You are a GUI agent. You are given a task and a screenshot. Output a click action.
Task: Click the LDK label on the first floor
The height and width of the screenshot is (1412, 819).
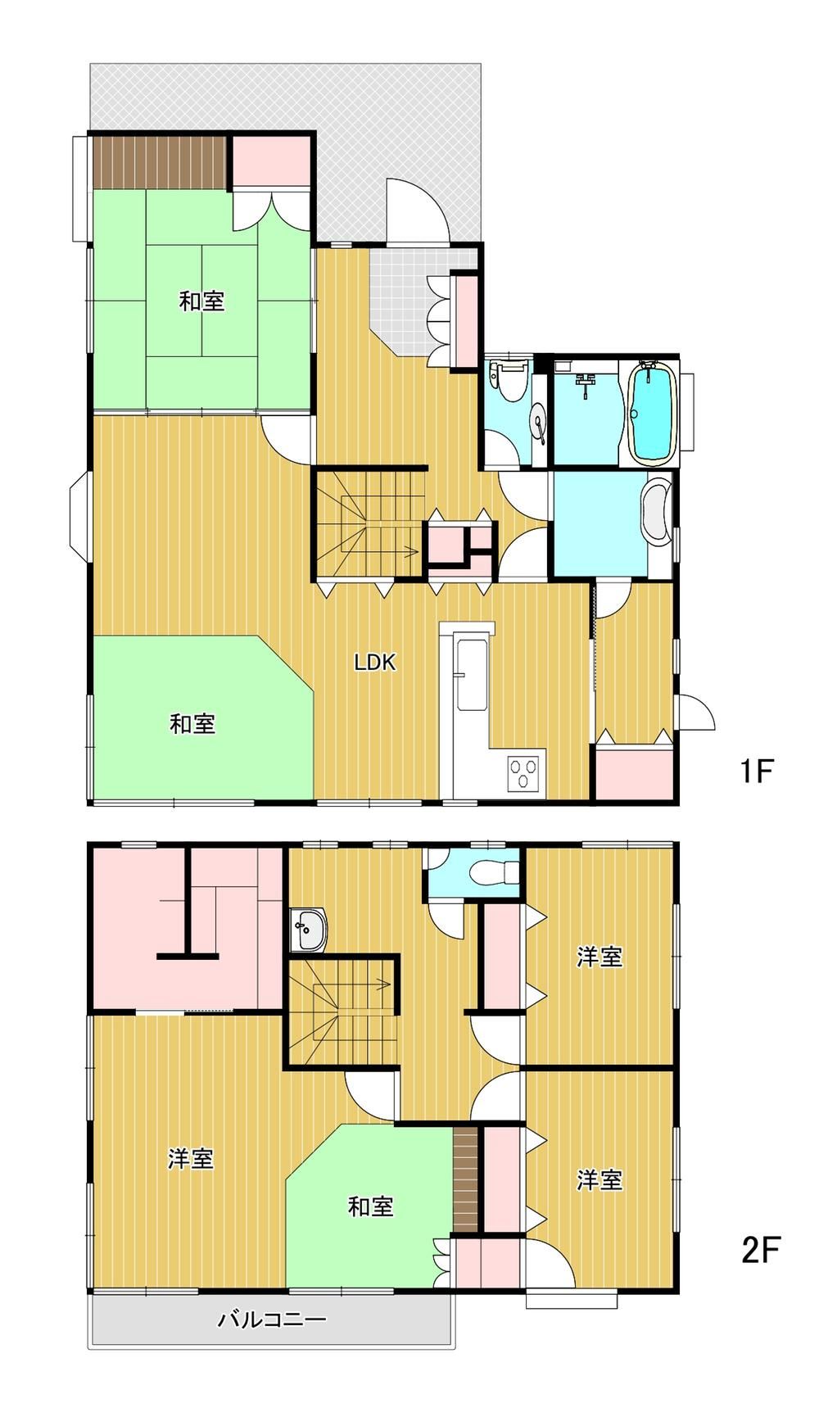[x=374, y=662]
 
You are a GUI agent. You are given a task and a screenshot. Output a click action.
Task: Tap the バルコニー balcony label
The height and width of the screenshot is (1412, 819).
[x=272, y=1319]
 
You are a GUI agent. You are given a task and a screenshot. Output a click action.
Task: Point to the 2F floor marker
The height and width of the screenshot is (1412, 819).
[x=760, y=1251]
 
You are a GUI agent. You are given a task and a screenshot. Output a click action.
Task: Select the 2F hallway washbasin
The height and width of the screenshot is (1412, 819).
[x=309, y=930]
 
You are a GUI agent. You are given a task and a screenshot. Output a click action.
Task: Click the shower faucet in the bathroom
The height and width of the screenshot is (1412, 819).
[x=585, y=384]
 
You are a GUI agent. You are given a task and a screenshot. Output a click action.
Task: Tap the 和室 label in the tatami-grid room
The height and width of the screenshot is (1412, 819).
[x=201, y=301]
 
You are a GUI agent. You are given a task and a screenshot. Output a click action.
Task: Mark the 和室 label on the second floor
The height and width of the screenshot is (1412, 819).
[x=370, y=1206]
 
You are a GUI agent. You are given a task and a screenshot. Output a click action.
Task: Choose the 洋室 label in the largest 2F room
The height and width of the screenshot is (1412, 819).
[x=190, y=1159]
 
